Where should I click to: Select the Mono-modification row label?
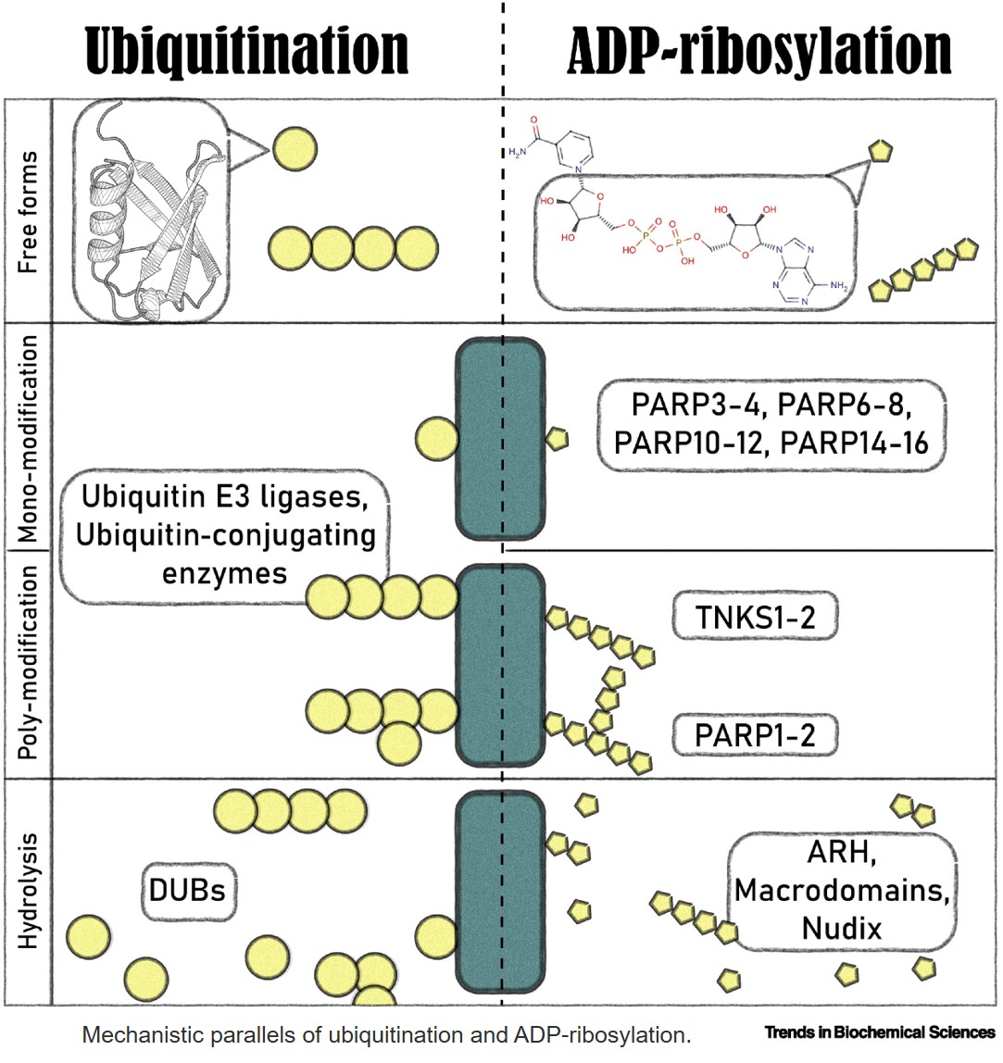(x=28, y=436)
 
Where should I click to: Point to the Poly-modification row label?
(x=28, y=664)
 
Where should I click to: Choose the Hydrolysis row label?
(x=28, y=891)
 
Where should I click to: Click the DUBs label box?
(x=188, y=891)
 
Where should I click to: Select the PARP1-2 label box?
(x=756, y=736)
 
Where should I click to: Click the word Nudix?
(x=841, y=927)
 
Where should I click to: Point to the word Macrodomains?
(x=841, y=891)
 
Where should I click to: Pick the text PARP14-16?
(x=854, y=442)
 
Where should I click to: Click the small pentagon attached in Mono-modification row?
(x=557, y=440)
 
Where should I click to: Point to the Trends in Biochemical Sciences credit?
(x=879, y=1032)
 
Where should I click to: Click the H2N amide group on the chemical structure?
(x=517, y=153)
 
